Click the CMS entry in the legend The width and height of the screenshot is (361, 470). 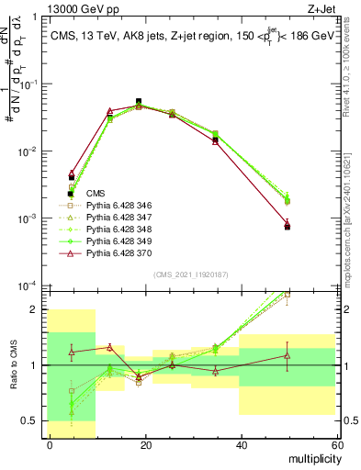coord(96,194)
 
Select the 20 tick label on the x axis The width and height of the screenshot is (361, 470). coord(144,445)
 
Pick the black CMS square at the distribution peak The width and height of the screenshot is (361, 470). coord(139,102)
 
